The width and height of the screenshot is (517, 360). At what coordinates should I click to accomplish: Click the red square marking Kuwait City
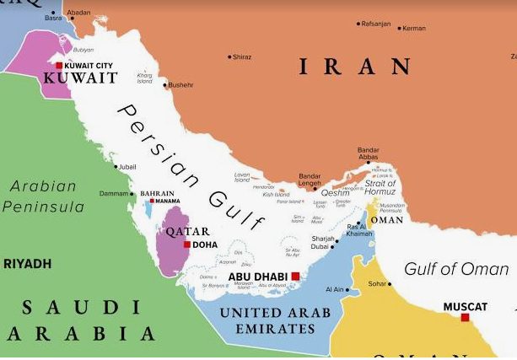tap(58, 65)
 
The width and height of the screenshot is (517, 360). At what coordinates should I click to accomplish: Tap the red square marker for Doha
tap(186, 244)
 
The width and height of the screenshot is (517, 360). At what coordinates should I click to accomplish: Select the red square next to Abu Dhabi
tap(295, 276)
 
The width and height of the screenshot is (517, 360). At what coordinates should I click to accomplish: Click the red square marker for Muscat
tap(465, 317)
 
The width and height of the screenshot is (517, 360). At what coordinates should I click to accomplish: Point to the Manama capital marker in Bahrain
tap(152, 201)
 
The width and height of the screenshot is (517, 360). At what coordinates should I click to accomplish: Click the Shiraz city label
tap(241, 56)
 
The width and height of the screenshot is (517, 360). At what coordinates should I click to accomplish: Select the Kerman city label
tap(414, 28)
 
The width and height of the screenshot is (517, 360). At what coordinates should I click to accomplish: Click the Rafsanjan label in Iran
tap(375, 24)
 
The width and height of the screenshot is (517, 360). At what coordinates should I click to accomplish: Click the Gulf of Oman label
tap(455, 269)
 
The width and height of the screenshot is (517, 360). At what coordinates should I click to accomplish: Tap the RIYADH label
tap(27, 264)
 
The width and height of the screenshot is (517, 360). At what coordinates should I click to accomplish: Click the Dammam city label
tap(114, 193)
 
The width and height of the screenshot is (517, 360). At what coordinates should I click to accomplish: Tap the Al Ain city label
tap(335, 289)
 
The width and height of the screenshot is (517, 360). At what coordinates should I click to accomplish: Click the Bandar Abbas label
tap(369, 154)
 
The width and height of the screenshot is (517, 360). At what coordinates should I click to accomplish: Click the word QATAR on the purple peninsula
tap(186, 231)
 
